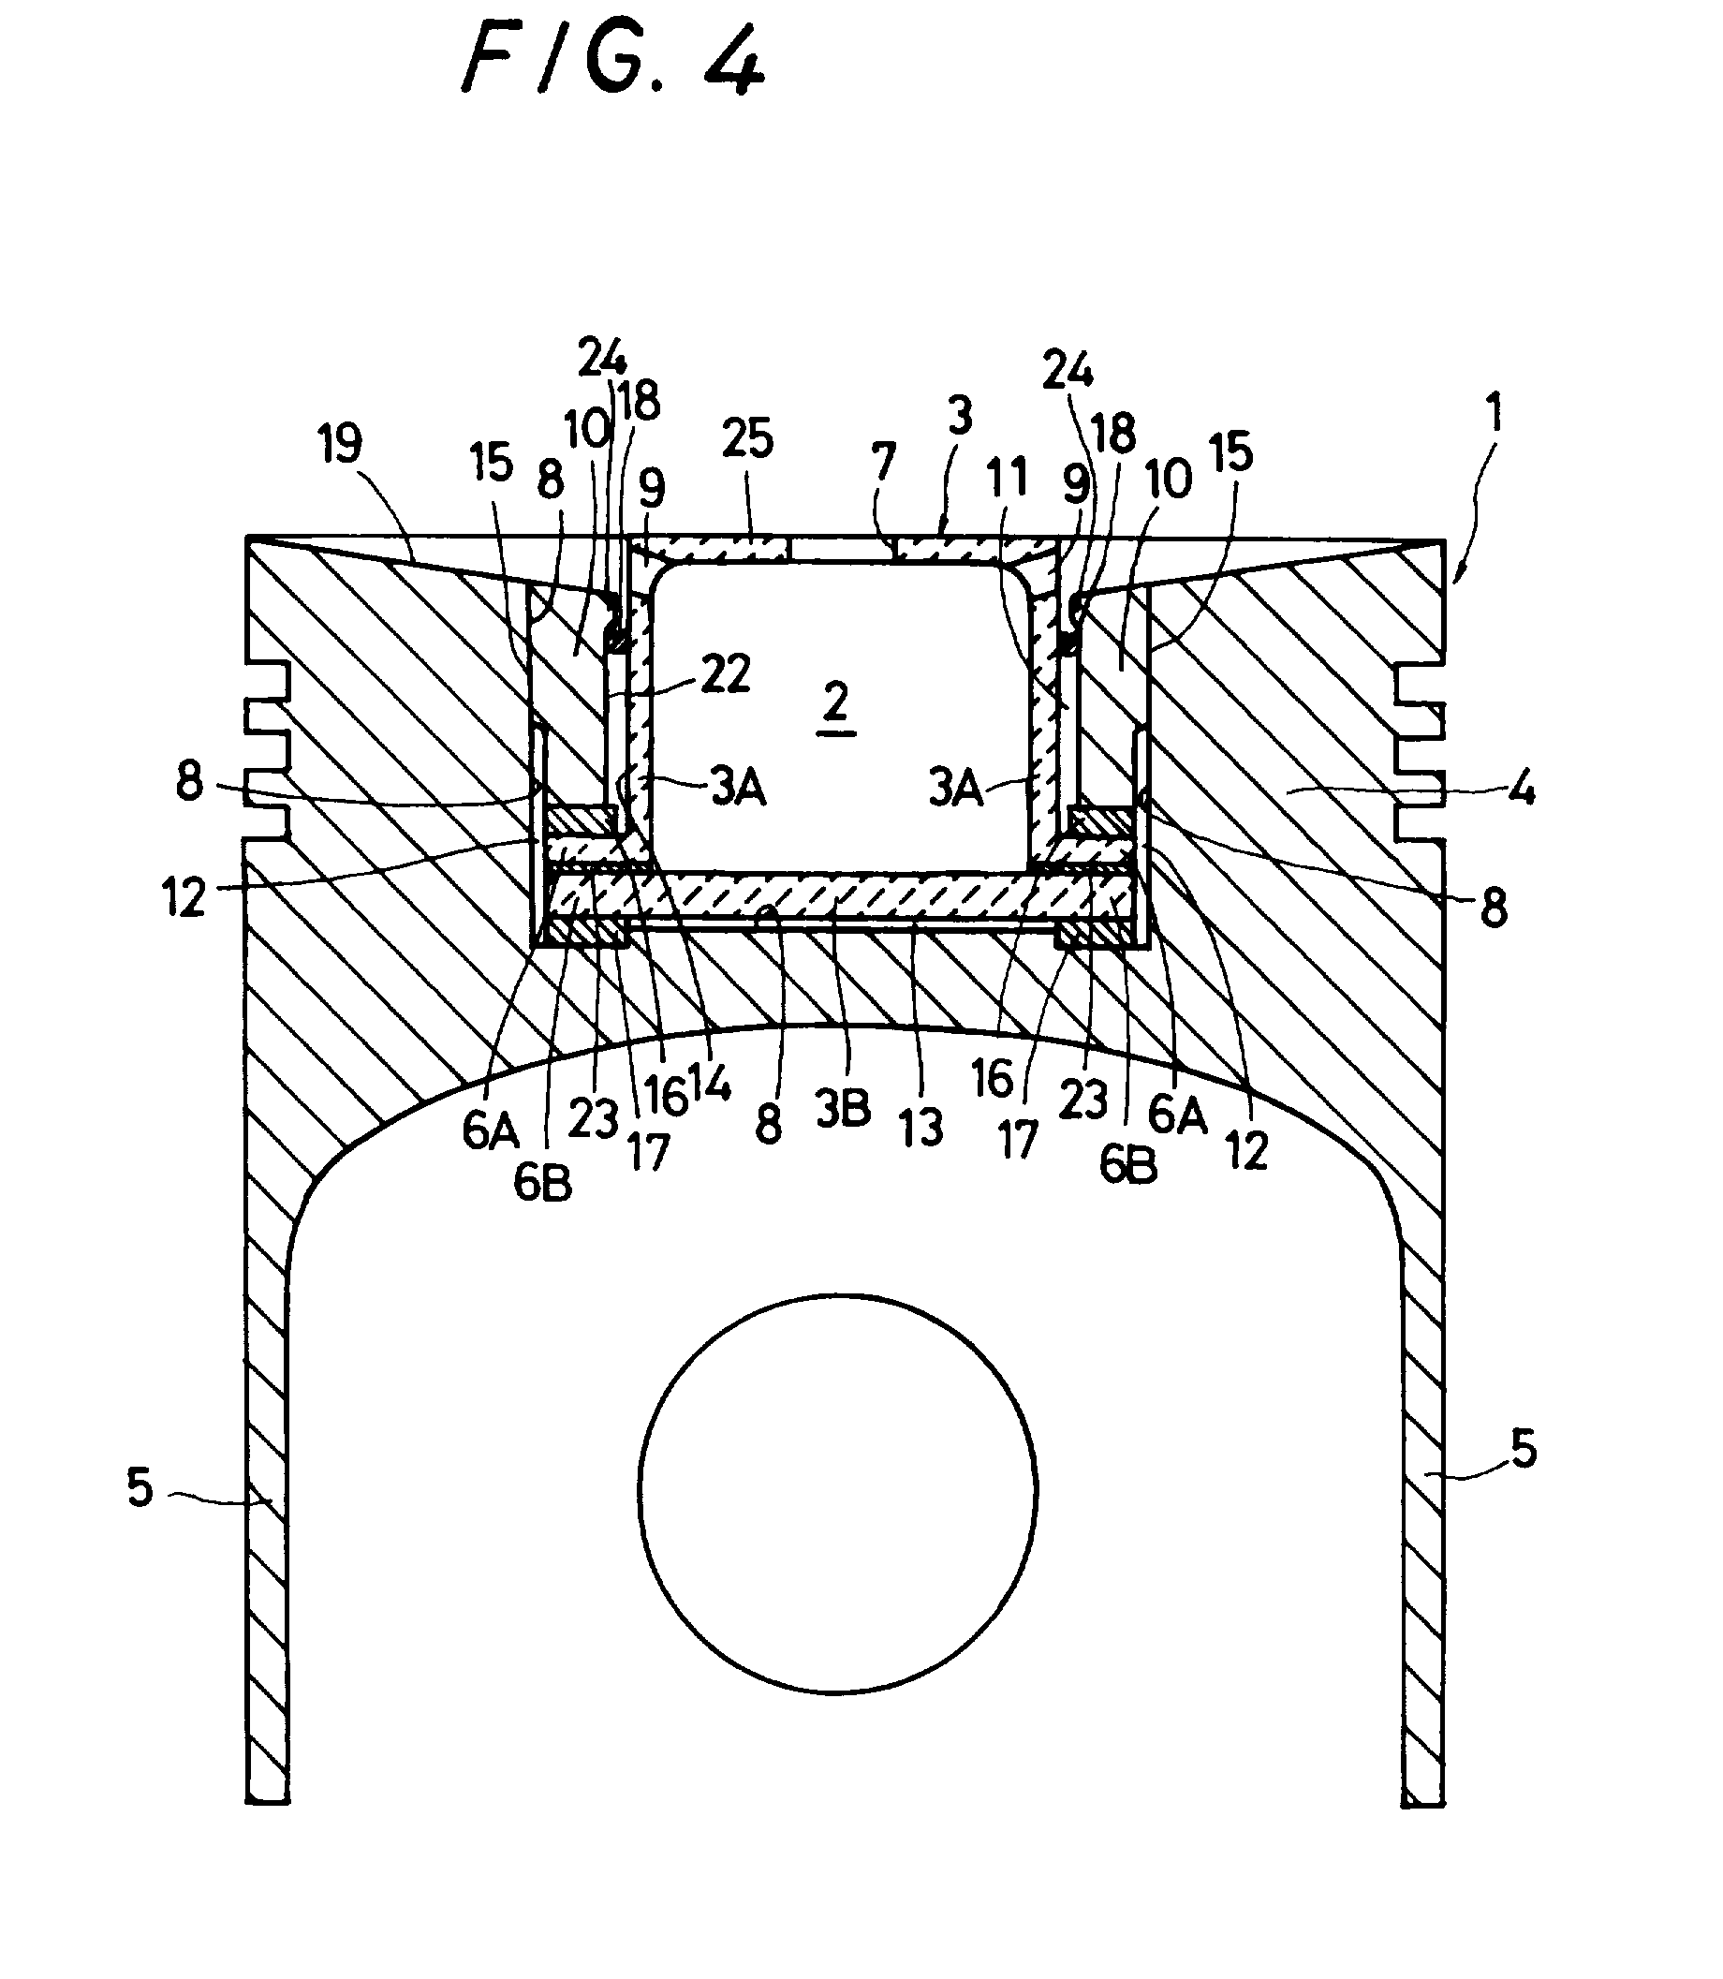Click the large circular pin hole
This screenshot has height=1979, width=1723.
837,1491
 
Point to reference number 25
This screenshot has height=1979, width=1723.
747,438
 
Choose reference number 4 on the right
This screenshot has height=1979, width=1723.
1521,791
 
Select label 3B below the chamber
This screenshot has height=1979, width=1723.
843,1109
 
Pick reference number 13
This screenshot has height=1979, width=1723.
921,1127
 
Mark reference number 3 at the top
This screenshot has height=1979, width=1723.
960,416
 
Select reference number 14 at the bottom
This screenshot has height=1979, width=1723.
710,1085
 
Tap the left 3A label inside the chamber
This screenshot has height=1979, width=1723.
739,789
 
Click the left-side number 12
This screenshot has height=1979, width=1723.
184,897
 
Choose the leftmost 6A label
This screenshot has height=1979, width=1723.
491,1130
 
